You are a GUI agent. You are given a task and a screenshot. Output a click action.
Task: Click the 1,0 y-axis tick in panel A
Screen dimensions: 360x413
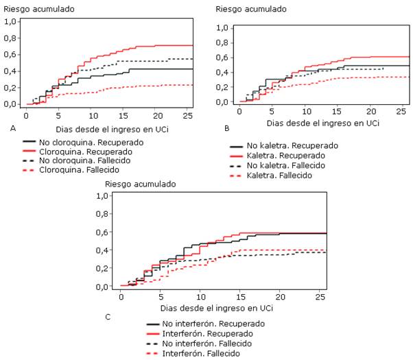tap(10, 22)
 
